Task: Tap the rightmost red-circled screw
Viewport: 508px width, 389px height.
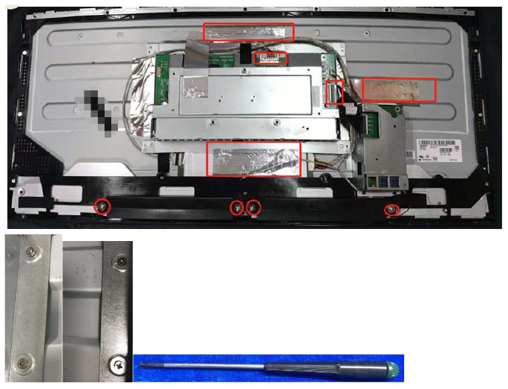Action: point(391,210)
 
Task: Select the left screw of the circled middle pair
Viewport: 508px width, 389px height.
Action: point(237,208)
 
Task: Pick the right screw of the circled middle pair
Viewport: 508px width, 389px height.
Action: point(253,208)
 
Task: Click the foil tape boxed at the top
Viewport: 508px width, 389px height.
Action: point(249,31)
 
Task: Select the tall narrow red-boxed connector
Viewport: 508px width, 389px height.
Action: point(334,92)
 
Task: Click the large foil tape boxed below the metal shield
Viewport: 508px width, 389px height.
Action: point(253,159)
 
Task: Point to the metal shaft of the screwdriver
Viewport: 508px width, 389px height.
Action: point(201,366)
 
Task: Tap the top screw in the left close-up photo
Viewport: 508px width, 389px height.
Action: point(29,251)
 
